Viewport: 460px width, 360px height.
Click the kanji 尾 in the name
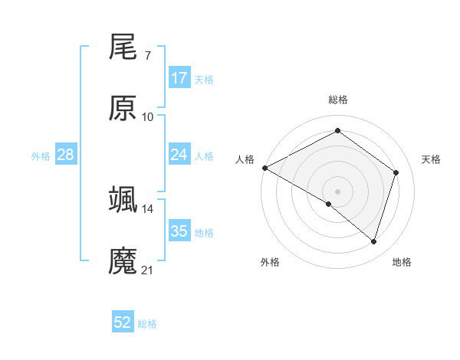tap(123, 49)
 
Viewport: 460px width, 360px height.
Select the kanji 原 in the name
tap(123, 110)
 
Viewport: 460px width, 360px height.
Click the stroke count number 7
tap(148, 56)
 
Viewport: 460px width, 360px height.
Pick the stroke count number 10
tap(148, 116)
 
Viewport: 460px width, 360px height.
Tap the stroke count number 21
tap(148, 270)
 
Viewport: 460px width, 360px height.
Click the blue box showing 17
tap(179, 78)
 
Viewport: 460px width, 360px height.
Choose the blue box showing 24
tap(179, 155)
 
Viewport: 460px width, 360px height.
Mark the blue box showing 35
tap(179, 231)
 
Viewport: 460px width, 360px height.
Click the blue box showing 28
tap(66, 155)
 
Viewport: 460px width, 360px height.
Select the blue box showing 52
tap(123, 323)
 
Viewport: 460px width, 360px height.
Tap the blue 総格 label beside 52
tap(148, 324)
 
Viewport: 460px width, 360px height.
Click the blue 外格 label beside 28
tap(41, 155)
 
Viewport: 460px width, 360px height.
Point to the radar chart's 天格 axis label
tap(432, 159)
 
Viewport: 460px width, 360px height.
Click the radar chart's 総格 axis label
tap(337, 100)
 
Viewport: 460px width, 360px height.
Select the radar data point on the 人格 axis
tap(264, 168)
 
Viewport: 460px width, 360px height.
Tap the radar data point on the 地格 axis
tap(373, 241)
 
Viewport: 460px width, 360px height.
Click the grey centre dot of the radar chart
tap(337, 191)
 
